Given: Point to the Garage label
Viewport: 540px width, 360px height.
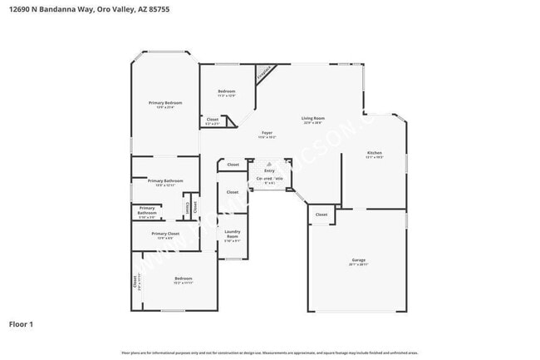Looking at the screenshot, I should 358,260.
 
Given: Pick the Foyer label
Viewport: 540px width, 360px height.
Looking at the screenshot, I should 267,133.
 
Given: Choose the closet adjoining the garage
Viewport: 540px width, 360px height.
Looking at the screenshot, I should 322,215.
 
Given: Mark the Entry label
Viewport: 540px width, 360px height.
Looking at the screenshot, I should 269,170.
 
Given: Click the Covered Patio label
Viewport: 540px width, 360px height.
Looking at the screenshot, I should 269,179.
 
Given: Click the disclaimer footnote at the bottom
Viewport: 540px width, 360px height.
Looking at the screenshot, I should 269,353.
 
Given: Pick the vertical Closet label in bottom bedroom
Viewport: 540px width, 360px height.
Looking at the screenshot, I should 135,282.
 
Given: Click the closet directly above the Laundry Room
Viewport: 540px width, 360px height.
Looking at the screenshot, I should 233,192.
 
